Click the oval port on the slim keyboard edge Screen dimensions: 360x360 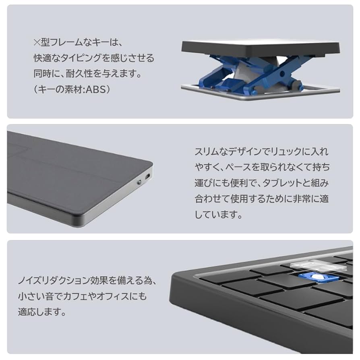pos(147,177)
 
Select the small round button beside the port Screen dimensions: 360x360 pos(139,182)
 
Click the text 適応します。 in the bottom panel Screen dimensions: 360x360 pos(42,312)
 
